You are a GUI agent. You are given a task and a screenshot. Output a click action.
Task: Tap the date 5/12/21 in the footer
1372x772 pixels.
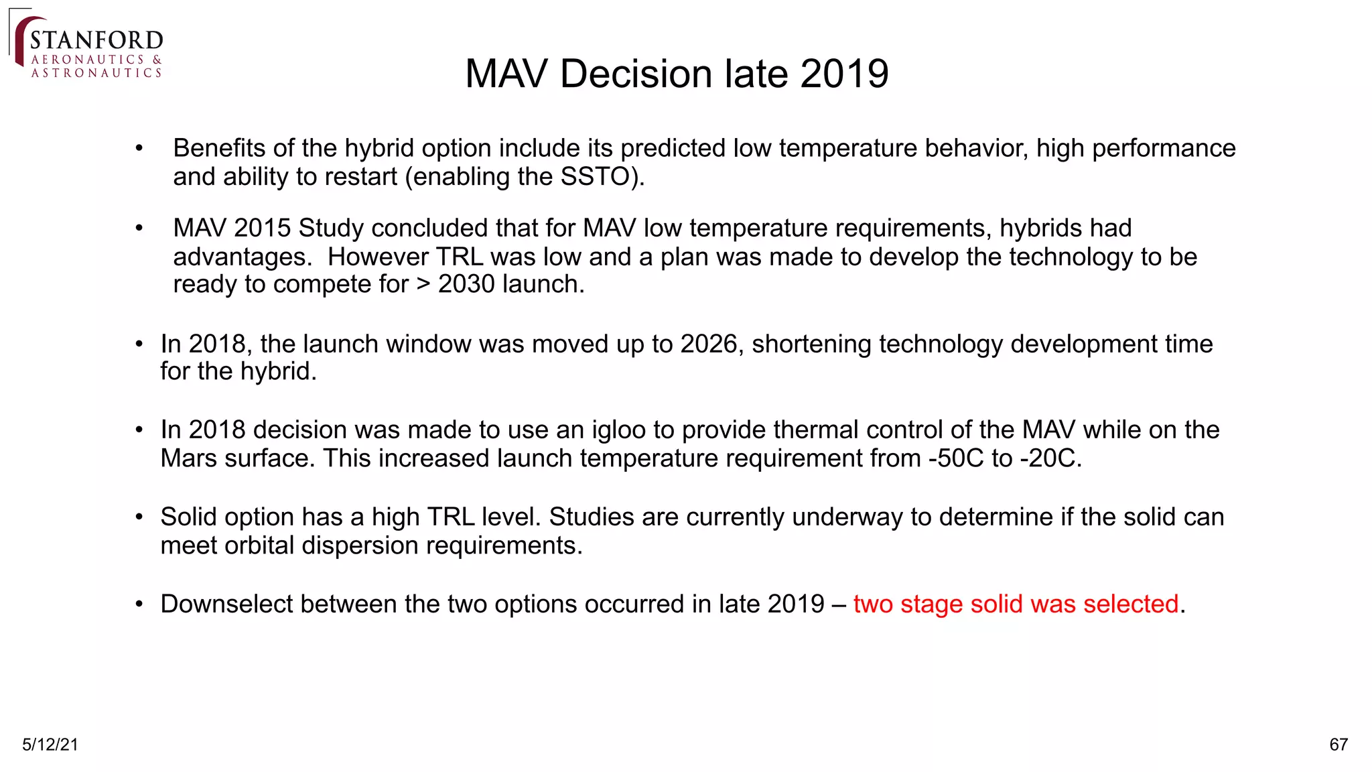pos(50,745)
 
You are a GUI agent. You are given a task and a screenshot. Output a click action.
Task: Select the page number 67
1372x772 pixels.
pos(1338,745)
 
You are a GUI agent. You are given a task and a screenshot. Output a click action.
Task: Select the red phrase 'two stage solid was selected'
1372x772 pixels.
pos(1016,604)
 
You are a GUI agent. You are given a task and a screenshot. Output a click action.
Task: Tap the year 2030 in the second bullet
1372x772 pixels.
pos(467,285)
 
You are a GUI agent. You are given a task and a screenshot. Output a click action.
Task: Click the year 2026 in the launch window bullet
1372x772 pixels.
pos(709,344)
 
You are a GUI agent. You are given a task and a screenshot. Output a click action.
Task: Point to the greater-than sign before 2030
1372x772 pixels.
pos(423,285)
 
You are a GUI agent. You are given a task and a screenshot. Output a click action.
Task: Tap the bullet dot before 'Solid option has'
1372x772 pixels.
pos(139,517)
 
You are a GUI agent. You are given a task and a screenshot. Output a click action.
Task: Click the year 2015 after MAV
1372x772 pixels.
pos(262,229)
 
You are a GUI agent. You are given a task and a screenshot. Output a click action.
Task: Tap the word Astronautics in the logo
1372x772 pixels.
pos(96,73)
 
